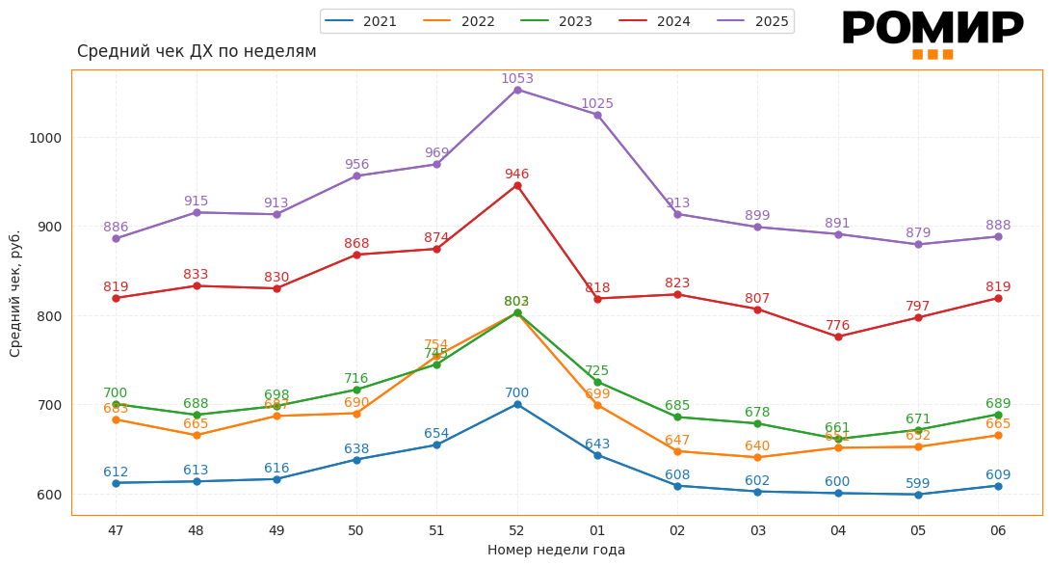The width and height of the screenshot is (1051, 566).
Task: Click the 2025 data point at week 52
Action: pos(517,90)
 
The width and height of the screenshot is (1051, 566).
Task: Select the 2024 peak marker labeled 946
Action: pos(517,185)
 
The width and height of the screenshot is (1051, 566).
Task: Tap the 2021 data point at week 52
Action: pos(517,404)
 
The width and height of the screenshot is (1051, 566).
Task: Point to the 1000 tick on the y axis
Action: pos(45,138)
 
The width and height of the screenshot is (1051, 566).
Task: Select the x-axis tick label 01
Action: pos(597,530)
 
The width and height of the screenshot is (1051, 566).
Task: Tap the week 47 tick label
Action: pos(116,530)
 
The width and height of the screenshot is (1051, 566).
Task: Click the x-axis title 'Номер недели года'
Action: pos(556,551)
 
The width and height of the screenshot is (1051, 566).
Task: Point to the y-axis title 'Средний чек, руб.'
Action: pos(15,293)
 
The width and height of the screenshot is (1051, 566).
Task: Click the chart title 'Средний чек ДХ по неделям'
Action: pos(197,52)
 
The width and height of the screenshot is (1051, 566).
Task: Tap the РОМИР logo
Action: pos(933,33)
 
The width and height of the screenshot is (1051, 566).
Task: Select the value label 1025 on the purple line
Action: pos(597,104)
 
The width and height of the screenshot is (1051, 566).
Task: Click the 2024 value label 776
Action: pos(838,326)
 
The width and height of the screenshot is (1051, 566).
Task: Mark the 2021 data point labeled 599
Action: pos(918,495)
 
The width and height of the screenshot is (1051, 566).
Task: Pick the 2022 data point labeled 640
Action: pos(757,457)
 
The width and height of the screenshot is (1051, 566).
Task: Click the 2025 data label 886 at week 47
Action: pos(116,228)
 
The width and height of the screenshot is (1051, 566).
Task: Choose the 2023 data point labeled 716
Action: pos(356,391)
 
